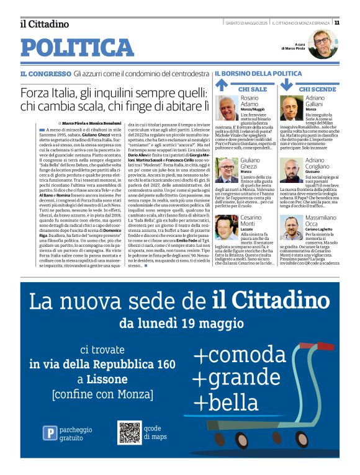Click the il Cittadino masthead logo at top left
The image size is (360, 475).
(44, 24)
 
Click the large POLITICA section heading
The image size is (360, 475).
(77, 48)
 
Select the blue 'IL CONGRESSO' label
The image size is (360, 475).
(45, 74)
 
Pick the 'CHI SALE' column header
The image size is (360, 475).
(252, 89)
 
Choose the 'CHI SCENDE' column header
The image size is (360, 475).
(317, 89)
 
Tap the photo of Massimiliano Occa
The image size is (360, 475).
(292, 227)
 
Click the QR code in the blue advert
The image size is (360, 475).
(130, 432)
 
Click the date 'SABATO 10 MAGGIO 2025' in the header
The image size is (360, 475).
(246, 22)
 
